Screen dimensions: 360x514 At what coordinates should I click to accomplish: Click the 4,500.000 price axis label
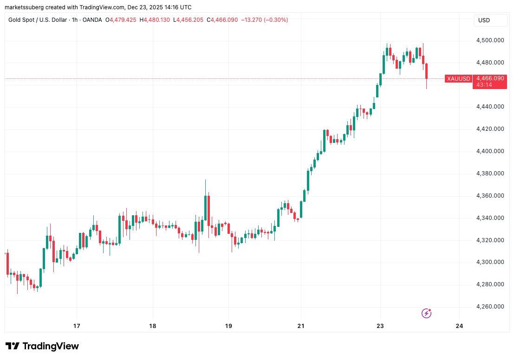(x=490, y=40)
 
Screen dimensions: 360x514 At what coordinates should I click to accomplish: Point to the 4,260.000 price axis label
(x=490, y=307)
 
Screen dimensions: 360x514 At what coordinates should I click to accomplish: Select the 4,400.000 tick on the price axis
(x=490, y=151)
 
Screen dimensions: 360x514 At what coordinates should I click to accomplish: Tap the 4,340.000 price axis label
(x=490, y=218)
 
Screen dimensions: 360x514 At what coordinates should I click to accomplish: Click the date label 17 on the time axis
(x=77, y=326)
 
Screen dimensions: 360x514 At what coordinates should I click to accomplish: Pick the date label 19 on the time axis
(x=228, y=326)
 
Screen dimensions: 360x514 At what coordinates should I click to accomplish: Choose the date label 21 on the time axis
(x=301, y=326)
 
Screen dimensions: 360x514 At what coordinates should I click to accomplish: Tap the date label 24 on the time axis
(x=460, y=326)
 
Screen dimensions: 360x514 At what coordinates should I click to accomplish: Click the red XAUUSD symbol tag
(x=458, y=79)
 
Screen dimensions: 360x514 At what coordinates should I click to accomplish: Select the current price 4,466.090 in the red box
(x=490, y=78)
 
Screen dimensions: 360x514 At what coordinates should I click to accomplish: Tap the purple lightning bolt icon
(x=426, y=314)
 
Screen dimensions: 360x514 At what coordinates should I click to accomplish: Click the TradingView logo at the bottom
(x=43, y=346)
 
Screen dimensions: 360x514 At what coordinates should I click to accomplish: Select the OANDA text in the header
(x=92, y=20)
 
